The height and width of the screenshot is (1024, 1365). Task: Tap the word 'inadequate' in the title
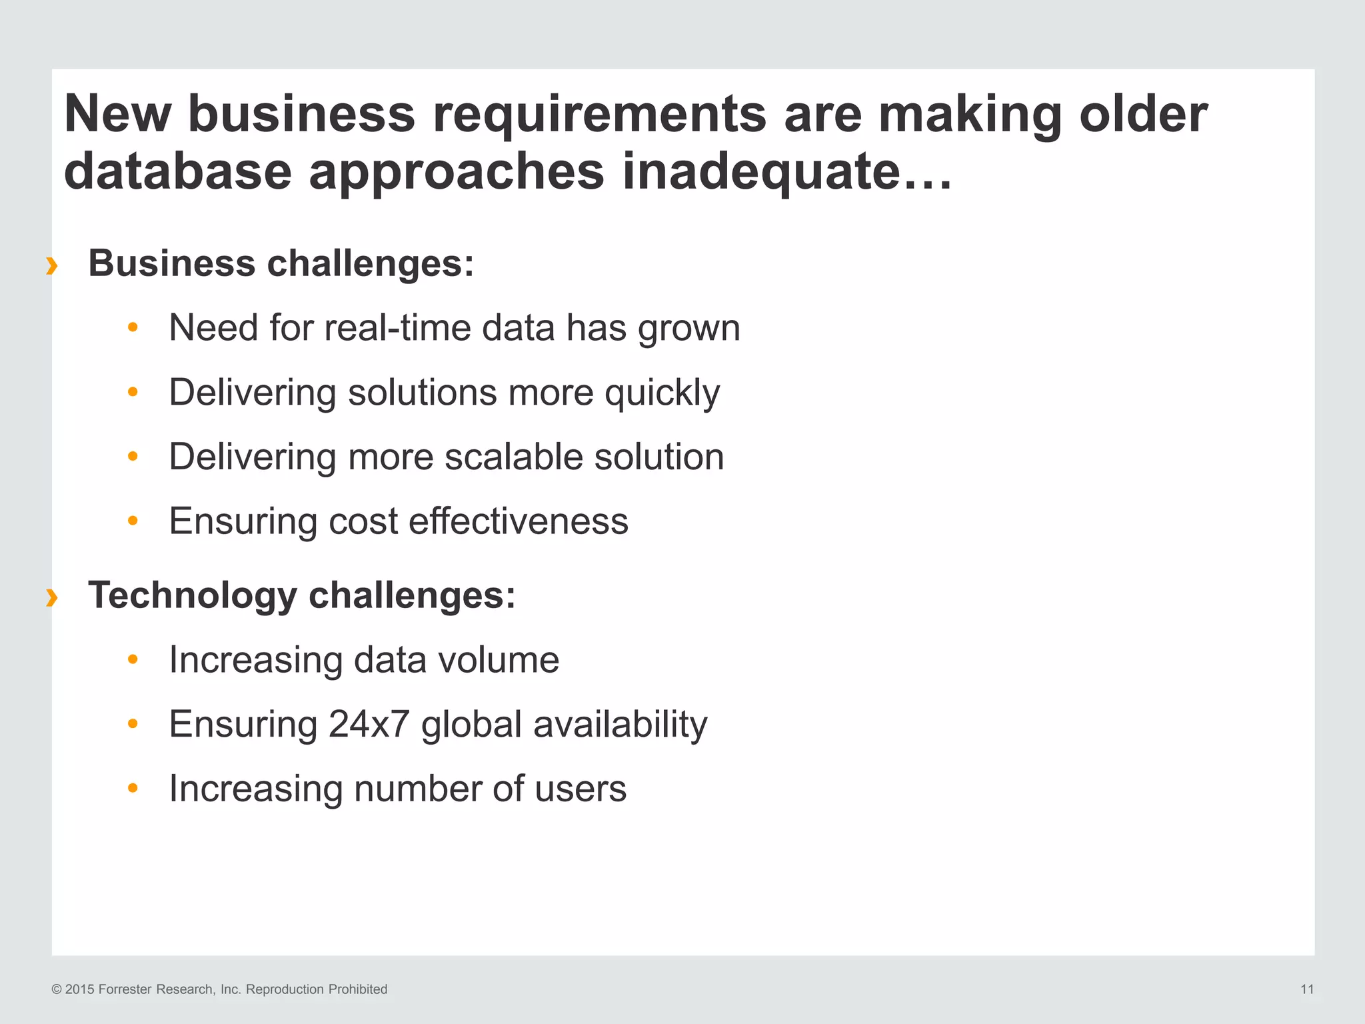(x=760, y=172)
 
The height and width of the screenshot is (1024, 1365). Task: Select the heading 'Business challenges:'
(x=281, y=263)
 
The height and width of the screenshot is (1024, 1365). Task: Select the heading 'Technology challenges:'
(x=301, y=595)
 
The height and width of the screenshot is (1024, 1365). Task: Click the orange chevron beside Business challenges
(x=51, y=266)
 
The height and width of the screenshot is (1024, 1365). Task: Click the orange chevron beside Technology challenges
(x=51, y=598)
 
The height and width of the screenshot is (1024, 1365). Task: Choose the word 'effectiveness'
(x=518, y=521)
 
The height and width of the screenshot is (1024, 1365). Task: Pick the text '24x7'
(x=368, y=725)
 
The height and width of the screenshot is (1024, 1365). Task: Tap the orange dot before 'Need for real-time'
(x=133, y=327)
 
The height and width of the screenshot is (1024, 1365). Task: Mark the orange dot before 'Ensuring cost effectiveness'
(x=133, y=521)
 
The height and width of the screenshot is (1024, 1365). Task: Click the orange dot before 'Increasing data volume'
(x=133, y=659)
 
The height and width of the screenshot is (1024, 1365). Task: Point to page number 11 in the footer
(x=1307, y=989)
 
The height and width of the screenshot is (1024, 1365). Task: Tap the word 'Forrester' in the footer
(x=125, y=989)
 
